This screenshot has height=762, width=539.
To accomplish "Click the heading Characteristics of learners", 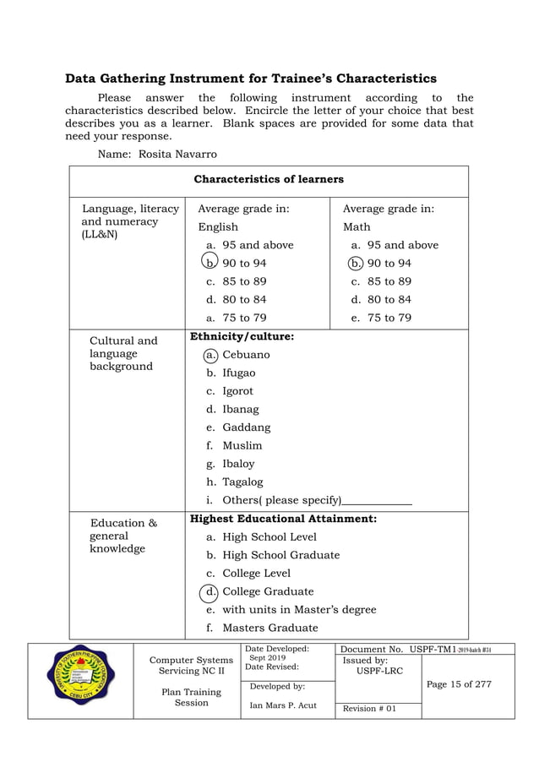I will click(x=269, y=179).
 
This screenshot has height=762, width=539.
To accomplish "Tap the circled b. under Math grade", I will click(x=356, y=263).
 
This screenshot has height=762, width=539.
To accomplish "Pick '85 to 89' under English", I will click(x=244, y=281).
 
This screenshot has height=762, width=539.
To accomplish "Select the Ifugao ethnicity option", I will click(x=238, y=373).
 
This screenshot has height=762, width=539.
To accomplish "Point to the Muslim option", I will click(x=242, y=445).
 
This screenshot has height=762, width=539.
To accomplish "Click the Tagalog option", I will click(x=242, y=482).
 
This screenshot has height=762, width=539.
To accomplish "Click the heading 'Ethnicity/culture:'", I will click(x=242, y=336).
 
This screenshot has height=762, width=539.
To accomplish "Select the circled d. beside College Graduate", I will click(x=209, y=591).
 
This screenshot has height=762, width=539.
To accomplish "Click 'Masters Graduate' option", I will click(x=269, y=628).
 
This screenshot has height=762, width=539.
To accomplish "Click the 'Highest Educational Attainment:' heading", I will click(x=283, y=519).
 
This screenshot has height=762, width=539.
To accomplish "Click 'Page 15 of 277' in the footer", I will click(x=459, y=683).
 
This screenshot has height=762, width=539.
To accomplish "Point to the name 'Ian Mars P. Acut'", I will click(x=283, y=705).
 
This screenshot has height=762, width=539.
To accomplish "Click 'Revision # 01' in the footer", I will click(x=367, y=709).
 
